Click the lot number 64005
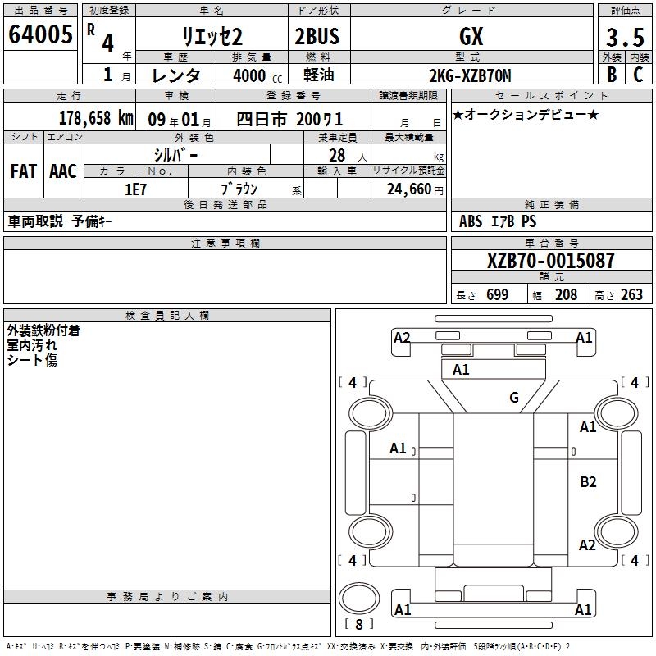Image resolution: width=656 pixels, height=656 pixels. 40,34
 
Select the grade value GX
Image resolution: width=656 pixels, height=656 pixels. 471,36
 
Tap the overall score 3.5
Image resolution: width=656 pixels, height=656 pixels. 625,37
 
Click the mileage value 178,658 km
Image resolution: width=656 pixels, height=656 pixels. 96,118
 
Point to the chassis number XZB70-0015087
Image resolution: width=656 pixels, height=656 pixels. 550,261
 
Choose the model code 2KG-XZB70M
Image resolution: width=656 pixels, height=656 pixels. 470,75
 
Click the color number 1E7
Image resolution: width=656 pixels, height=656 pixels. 135,189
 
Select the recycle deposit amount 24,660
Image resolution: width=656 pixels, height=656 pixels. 409,189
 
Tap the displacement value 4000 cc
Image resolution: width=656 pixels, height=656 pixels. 257,75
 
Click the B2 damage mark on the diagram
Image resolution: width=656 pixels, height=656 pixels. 588,482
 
